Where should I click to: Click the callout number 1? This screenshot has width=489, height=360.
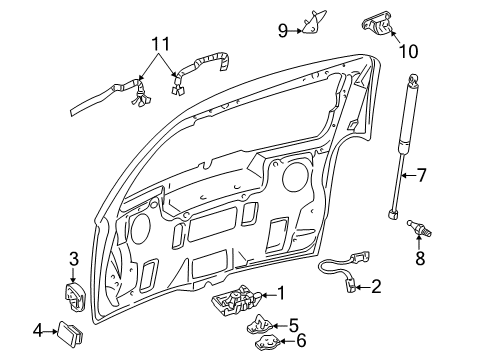[282, 293]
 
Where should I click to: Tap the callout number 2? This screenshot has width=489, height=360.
[375, 287]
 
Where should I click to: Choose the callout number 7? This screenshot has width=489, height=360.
[420, 176]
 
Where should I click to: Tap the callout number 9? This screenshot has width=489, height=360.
[283, 30]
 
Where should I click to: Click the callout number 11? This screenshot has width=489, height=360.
[155, 44]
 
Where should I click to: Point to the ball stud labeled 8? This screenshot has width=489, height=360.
[417, 237]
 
